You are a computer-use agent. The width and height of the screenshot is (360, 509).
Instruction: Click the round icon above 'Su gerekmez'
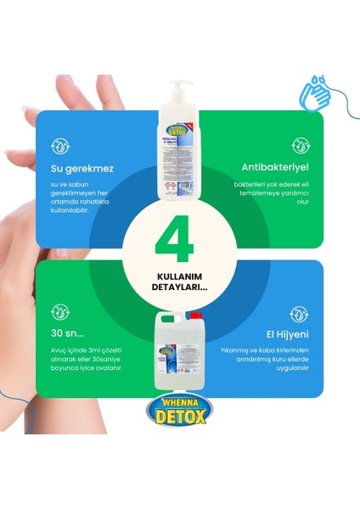pyautogui.click(x=60, y=145)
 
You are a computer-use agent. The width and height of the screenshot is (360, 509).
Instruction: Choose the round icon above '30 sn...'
pyautogui.click(x=60, y=312)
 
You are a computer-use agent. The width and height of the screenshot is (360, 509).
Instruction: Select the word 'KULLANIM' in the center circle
pyautogui.click(x=179, y=277)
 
